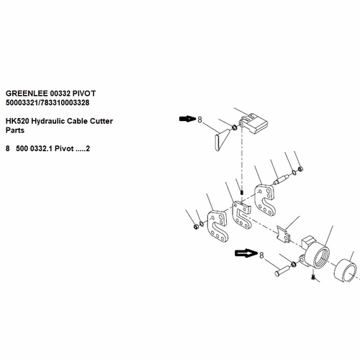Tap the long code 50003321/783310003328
pos(48,102)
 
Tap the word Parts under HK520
pos(15,130)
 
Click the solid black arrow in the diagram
pos(188,119)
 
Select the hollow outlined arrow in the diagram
pos(246,253)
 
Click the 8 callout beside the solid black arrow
pos(200,120)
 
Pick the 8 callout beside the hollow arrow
pos(261,255)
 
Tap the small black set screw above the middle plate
pos(242,192)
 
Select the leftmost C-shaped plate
pos(217,227)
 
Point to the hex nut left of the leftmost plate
pos(196,226)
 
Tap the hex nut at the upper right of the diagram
pos(300,169)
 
